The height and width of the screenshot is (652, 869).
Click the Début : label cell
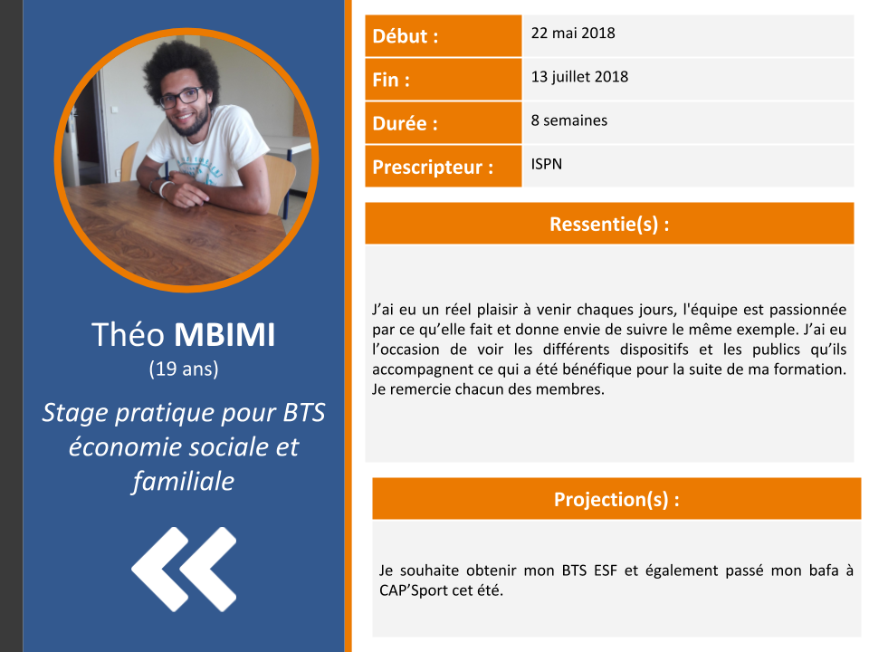(443, 36)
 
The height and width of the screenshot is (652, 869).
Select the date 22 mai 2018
(573, 34)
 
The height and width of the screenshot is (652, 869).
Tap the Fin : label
(391, 80)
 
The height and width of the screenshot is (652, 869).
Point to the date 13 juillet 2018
(579, 76)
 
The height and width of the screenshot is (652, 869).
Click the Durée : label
(406, 123)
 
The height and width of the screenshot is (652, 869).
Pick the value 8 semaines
(569, 120)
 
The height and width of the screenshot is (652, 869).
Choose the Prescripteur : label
(433, 167)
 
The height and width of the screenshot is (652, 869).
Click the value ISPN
(547, 164)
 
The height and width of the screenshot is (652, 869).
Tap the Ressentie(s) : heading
(609, 224)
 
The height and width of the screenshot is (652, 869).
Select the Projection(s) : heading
(616, 499)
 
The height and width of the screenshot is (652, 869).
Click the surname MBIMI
(224, 335)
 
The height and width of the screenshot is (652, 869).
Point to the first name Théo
(128, 334)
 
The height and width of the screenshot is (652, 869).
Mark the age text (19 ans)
(184, 369)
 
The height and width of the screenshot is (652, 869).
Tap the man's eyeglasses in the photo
(180, 98)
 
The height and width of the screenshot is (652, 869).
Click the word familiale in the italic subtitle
(184, 481)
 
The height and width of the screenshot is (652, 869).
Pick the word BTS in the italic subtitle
(304, 413)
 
